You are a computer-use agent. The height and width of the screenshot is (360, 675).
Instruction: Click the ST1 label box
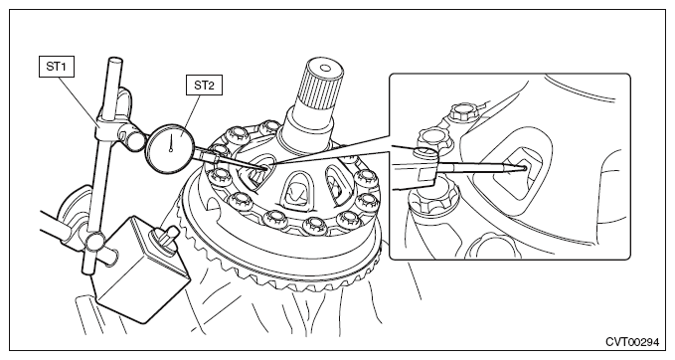(57, 67)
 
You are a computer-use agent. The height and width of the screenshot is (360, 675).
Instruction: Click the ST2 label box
(204, 85)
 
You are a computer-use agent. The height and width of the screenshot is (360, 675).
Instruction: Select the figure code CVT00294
(632, 342)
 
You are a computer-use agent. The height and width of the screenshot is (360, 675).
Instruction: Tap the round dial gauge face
(171, 149)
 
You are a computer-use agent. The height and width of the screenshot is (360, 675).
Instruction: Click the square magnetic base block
(140, 270)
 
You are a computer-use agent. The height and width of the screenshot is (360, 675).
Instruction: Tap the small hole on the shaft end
(325, 68)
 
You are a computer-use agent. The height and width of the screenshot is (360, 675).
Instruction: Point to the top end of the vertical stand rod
(115, 61)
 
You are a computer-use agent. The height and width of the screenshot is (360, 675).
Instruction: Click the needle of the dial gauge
(172, 142)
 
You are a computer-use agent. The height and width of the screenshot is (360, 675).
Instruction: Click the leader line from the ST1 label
(80, 101)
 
